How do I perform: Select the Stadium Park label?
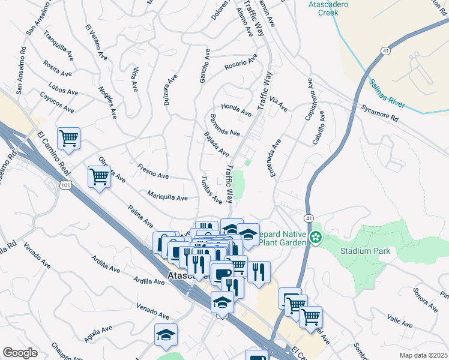pyautogui.click(x=365, y=251)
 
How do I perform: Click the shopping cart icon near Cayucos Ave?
pyautogui.click(x=68, y=138)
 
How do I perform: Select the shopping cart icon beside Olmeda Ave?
pyautogui.click(x=99, y=176)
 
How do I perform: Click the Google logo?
pyautogui.click(x=20, y=353)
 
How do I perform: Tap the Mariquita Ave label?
pyautogui.click(x=167, y=196)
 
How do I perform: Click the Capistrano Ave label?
pyautogui.click(x=310, y=98)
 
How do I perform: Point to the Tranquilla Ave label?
pyautogui.click(x=59, y=44)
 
